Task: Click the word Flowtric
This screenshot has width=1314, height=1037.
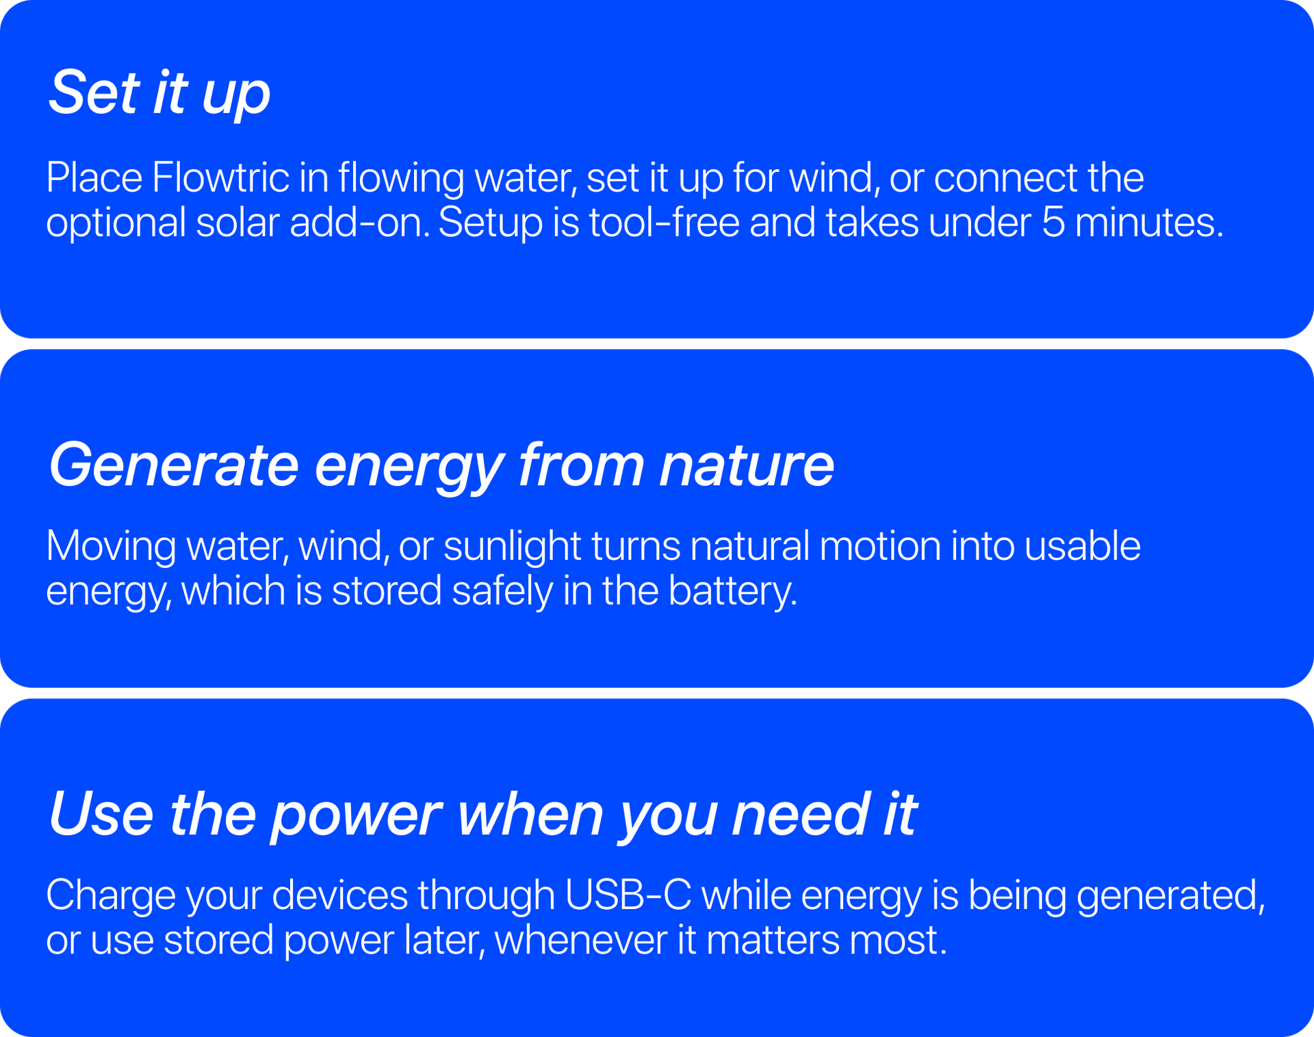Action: (220, 178)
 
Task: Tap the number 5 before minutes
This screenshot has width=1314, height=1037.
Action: (1053, 223)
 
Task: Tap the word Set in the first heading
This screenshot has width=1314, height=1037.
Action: (94, 93)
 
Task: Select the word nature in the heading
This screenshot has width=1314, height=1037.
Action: (746, 465)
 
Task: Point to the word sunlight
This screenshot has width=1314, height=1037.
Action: (512, 546)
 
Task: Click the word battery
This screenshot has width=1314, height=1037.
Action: (732, 591)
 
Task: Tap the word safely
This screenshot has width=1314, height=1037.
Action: (502, 591)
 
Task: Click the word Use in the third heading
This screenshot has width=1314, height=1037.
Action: (101, 814)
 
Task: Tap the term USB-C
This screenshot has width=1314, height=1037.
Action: (628, 895)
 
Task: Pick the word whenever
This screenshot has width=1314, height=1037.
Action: (580, 940)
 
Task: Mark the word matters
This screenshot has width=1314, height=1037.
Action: (772, 940)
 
